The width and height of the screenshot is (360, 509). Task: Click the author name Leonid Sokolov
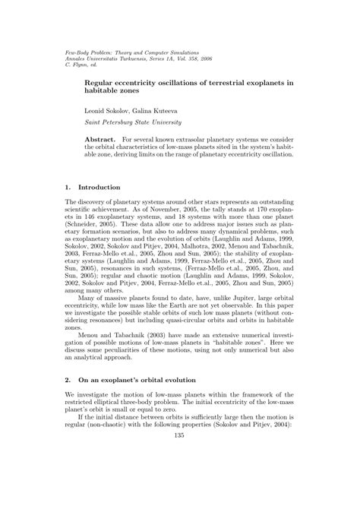pos(106,109)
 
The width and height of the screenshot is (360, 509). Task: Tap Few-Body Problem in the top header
pos(72,44)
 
